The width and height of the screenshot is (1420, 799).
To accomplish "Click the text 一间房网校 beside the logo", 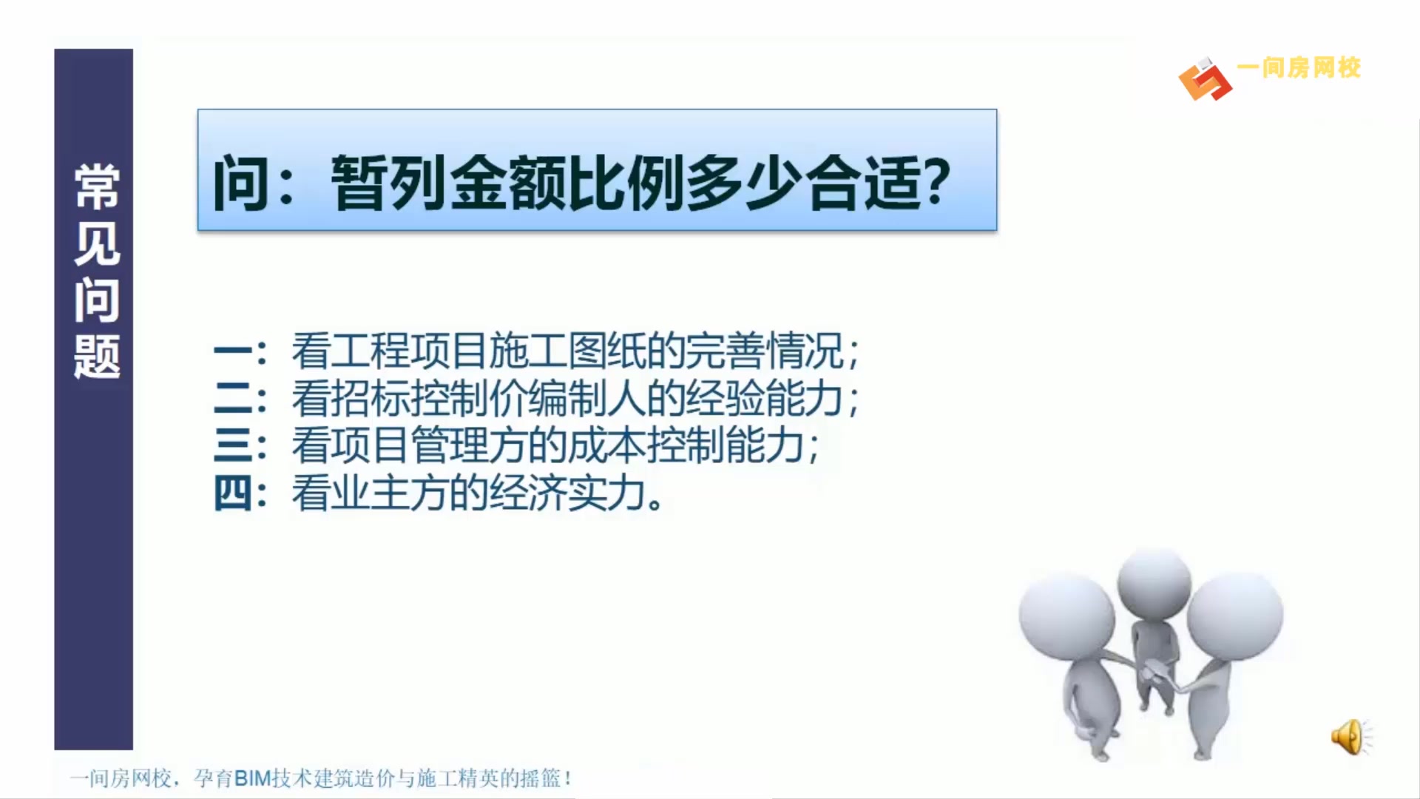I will tap(1299, 68).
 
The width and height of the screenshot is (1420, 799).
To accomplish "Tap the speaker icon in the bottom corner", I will tap(1349, 737).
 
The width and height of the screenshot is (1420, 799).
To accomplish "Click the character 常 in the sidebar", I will tap(96, 186).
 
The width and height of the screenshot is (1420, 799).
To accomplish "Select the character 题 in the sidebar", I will tap(96, 357).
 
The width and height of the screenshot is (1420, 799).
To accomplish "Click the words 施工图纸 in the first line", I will tap(566, 351).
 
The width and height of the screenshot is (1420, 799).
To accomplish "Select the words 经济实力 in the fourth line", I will tap(566, 493).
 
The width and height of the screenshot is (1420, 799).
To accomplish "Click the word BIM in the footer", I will tap(252, 778).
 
